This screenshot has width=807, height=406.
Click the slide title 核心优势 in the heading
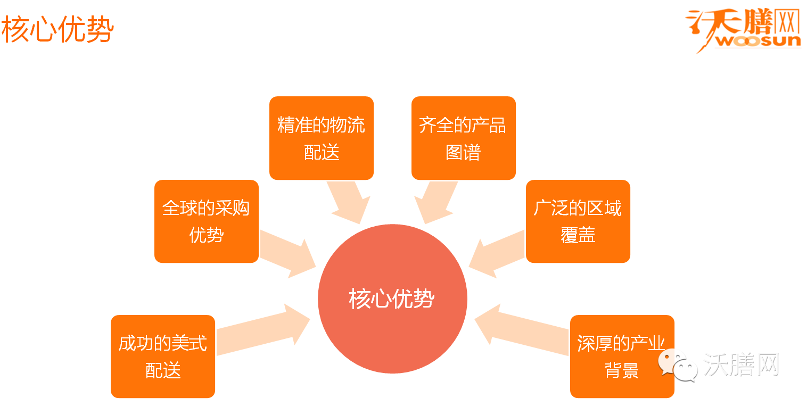pos(57,30)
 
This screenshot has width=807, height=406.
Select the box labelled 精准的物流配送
pos(321,138)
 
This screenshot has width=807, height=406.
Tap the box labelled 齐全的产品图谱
pos(463,138)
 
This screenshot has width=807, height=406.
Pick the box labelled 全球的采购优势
pos(206,221)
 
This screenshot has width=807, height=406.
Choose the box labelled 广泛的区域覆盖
pos(578,221)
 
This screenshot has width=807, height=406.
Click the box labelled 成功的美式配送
pos(162,356)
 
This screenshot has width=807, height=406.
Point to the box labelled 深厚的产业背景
pos(622,356)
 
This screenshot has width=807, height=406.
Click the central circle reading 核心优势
pos(392,299)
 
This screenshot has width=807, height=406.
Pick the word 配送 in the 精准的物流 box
pos(322,153)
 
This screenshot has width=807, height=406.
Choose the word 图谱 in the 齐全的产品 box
pos(463,153)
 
